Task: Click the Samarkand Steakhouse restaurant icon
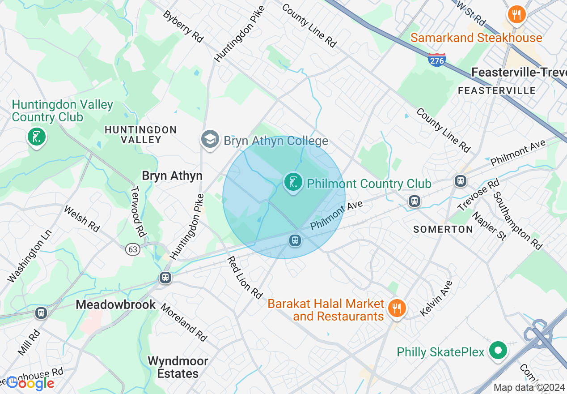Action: click(x=516, y=15)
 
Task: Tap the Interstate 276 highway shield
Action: click(x=436, y=60)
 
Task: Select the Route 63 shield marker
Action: click(x=133, y=249)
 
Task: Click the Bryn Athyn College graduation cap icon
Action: click(x=210, y=139)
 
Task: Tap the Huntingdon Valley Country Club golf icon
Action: click(x=36, y=136)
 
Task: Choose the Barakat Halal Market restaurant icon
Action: click(x=396, y=308)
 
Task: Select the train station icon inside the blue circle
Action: click(x=295, y=240)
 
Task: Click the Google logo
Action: click(x=30, y=383)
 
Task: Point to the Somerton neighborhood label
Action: click(x=443, y=229)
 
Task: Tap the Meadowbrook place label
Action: click(x=116, y=304)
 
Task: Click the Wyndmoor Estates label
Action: click(x=178, y=367)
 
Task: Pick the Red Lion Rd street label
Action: click(x=244, y=278)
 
